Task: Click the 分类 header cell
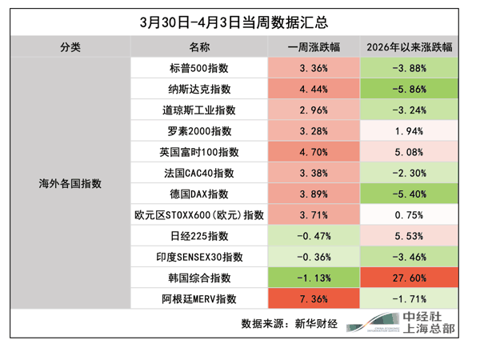[x=70, y=47]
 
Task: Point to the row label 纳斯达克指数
[x=199, y=89]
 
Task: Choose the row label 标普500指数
[x=199, y=68]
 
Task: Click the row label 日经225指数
[x=199, y=236]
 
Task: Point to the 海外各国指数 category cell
[x=70, y=183]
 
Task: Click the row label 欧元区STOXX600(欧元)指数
[x=199, y=214]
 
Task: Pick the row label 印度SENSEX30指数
[x=199, y=257]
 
